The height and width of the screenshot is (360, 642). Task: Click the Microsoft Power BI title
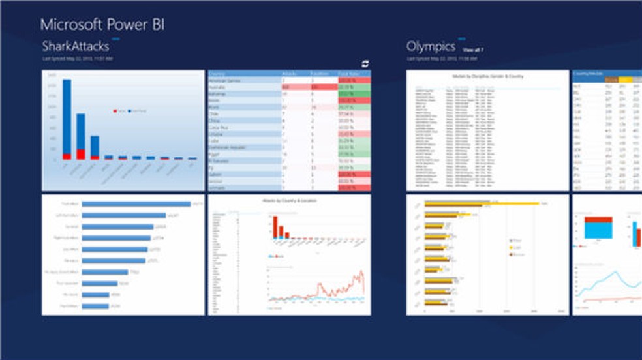point(102,25)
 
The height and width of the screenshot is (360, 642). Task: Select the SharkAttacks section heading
point(75,46)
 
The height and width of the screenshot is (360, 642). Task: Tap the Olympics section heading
point(431,46)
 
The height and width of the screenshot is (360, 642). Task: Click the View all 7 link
point(473,50)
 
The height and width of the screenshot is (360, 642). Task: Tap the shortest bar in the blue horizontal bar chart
point(95,305)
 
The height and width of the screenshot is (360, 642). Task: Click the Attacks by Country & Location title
point(289,201)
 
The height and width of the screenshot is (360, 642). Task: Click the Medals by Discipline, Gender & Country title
point(487,76)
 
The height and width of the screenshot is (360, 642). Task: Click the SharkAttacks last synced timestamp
point(78,59)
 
